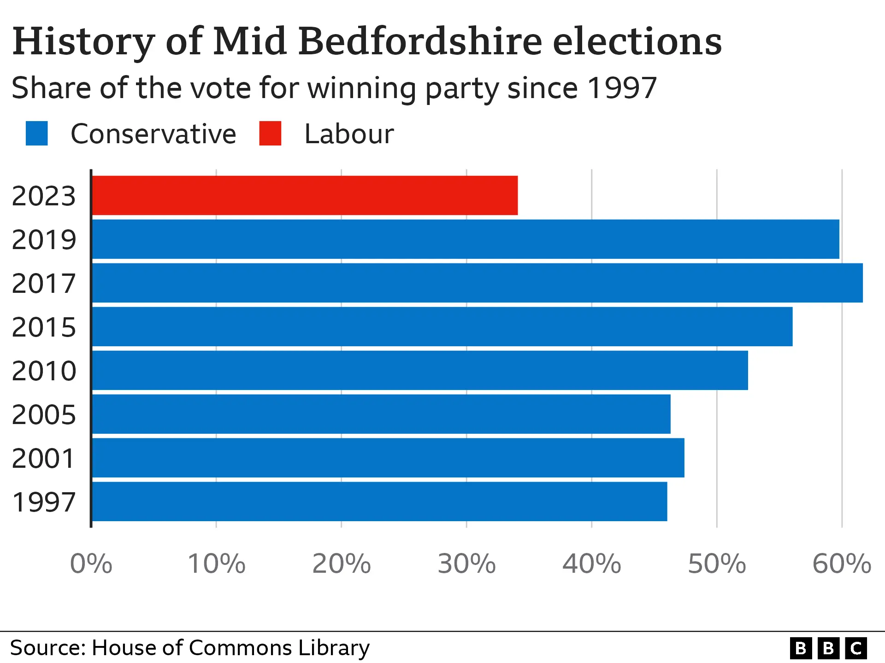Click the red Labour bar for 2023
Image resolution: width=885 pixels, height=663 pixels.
[305, 195]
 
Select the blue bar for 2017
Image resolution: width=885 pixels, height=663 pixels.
[477, 283]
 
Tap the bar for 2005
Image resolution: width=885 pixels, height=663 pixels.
[381, 414]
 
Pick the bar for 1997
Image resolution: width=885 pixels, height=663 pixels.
[379, 501]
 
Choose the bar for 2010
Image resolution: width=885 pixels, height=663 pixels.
[420, 370]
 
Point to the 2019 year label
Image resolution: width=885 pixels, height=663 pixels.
[44, 240]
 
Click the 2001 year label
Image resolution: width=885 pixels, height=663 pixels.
[44, 459]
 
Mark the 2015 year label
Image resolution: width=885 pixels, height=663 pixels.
[44, 327]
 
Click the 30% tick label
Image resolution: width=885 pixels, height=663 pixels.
[466, 564]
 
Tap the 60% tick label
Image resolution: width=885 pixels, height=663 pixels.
[842, 564]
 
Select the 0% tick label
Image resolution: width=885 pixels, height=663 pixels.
[91, 564]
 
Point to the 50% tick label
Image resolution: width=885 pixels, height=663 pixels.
[717, 564]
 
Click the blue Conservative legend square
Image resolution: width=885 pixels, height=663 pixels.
[37, 134]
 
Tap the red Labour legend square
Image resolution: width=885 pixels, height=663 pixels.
[270, 134]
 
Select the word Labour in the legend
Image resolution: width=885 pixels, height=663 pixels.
[349, 134]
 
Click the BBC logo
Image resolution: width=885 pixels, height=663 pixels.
[828, 648]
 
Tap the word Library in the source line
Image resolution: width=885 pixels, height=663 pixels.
[334, 648]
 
